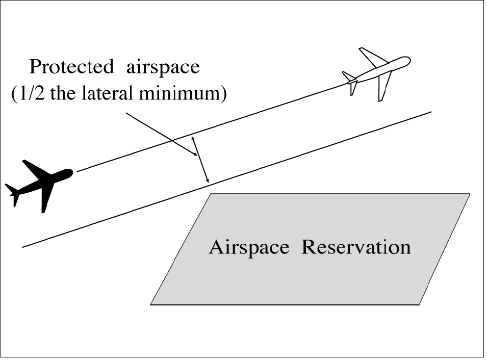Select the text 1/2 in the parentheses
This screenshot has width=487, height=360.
point(27,95)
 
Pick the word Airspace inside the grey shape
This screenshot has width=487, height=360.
point(249,248)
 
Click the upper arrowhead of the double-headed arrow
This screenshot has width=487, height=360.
point(193,138)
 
